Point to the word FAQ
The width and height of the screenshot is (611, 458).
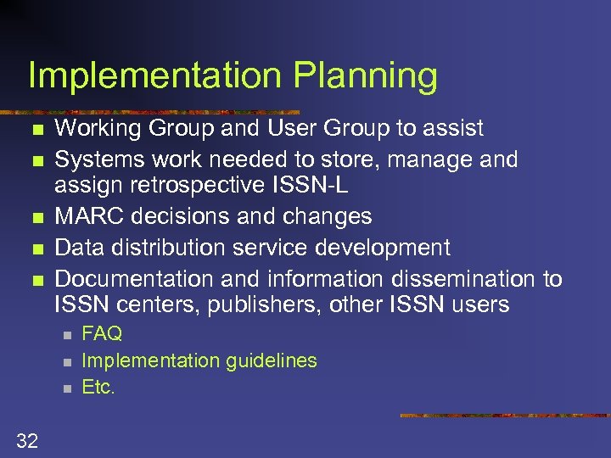click(102, 333)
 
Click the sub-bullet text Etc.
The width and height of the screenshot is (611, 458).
click(98, 388)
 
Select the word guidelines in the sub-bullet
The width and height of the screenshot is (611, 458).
click(272, 360)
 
